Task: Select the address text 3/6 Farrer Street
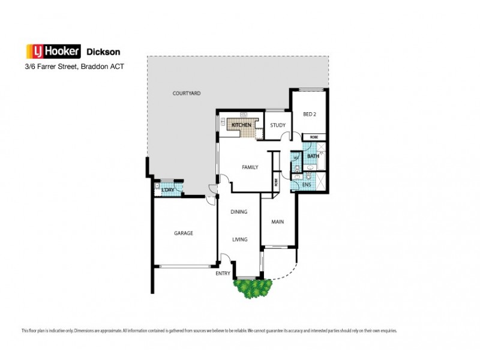coord(49,67)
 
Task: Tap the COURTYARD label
coord(186,94)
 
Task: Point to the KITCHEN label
coord(241,125)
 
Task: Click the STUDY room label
coord(277,125)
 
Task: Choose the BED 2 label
coord(310,114)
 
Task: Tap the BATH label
coord(313,156)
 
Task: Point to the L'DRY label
coord(167,191)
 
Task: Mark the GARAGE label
coord(184,233)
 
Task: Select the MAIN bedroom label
coord(277,221)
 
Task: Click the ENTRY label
coord(223,273)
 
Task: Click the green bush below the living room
coord(251,289)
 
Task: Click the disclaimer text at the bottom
coord(209,331)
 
